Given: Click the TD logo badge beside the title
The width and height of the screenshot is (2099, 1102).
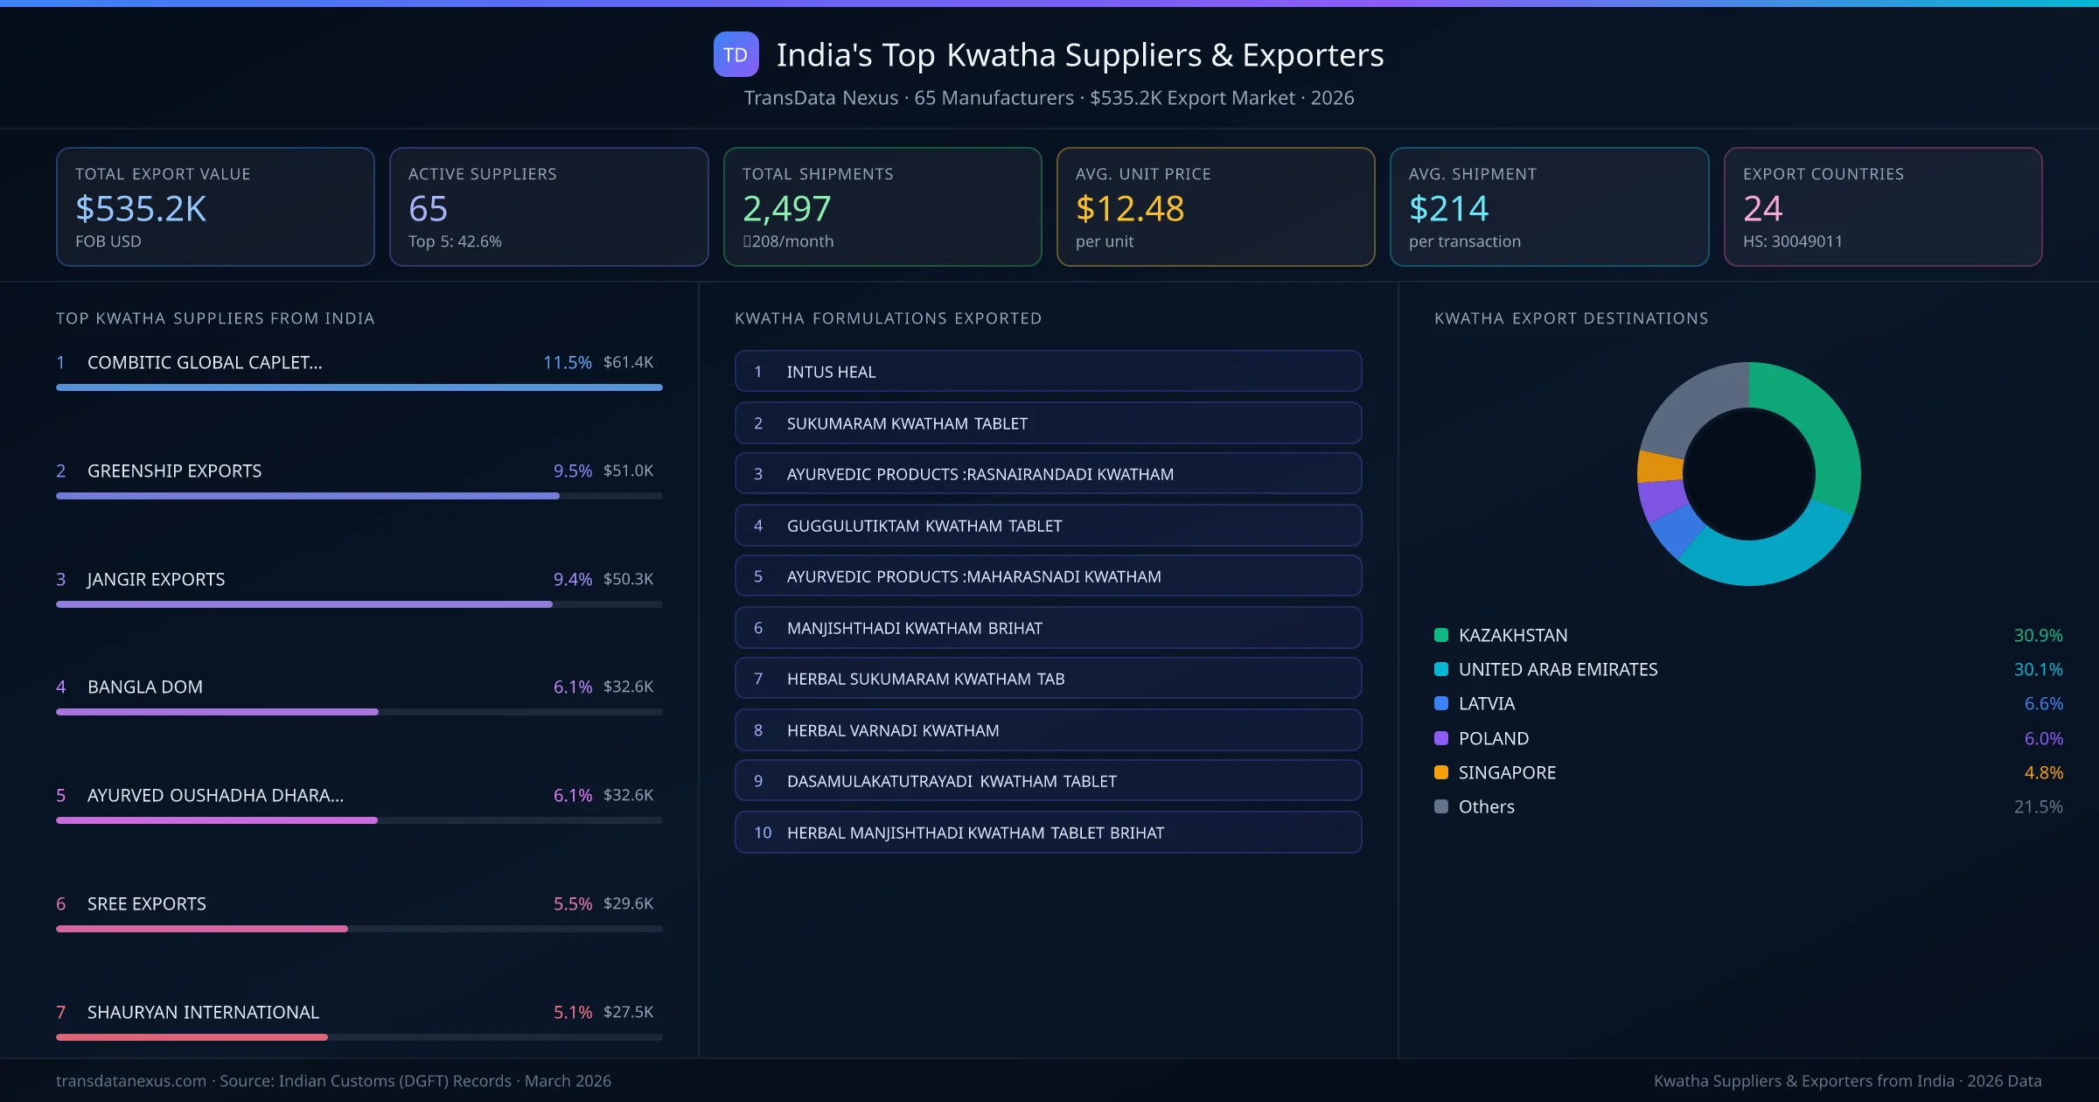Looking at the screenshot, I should (x=736, y=55).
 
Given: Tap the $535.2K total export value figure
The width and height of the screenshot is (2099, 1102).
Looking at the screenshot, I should (x=141, y=209).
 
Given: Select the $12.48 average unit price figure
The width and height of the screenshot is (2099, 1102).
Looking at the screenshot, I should (x=1129, y=209).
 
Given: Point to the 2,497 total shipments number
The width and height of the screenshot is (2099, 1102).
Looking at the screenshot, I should (x=786, y=209).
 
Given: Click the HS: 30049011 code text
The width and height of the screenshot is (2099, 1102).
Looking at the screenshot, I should (x=1792, y=241).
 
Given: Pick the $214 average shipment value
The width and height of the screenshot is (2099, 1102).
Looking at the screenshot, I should (x=1448, y=209).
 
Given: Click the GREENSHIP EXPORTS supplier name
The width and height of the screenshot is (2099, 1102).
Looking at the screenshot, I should (x=174, y=471).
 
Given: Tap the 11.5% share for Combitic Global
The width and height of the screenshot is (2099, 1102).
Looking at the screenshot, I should (x=567, y=362).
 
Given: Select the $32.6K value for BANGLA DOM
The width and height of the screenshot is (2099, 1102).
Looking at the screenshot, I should (x=628, y=687).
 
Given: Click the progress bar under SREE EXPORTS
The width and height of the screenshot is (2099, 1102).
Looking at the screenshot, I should (x=202, y=929).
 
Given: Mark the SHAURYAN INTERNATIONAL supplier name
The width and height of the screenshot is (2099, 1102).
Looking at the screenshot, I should (x=203, y=1012).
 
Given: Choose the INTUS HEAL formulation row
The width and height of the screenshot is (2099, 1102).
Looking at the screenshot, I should (x=1048, y=372).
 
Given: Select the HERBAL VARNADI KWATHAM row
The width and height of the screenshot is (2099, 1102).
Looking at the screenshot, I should (x=1048, y=730).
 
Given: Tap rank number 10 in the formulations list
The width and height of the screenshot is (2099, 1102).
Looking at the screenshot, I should (x=763, y=833).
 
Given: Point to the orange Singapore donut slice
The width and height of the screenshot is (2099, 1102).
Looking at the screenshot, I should (x=1659, y=466).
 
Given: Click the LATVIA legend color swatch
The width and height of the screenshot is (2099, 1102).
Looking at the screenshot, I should (x=1441, y=703).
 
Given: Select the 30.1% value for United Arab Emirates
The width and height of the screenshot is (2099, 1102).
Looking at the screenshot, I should (x=2038, y=669).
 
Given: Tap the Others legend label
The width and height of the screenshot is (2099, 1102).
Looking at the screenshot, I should (x=1486, y=806).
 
